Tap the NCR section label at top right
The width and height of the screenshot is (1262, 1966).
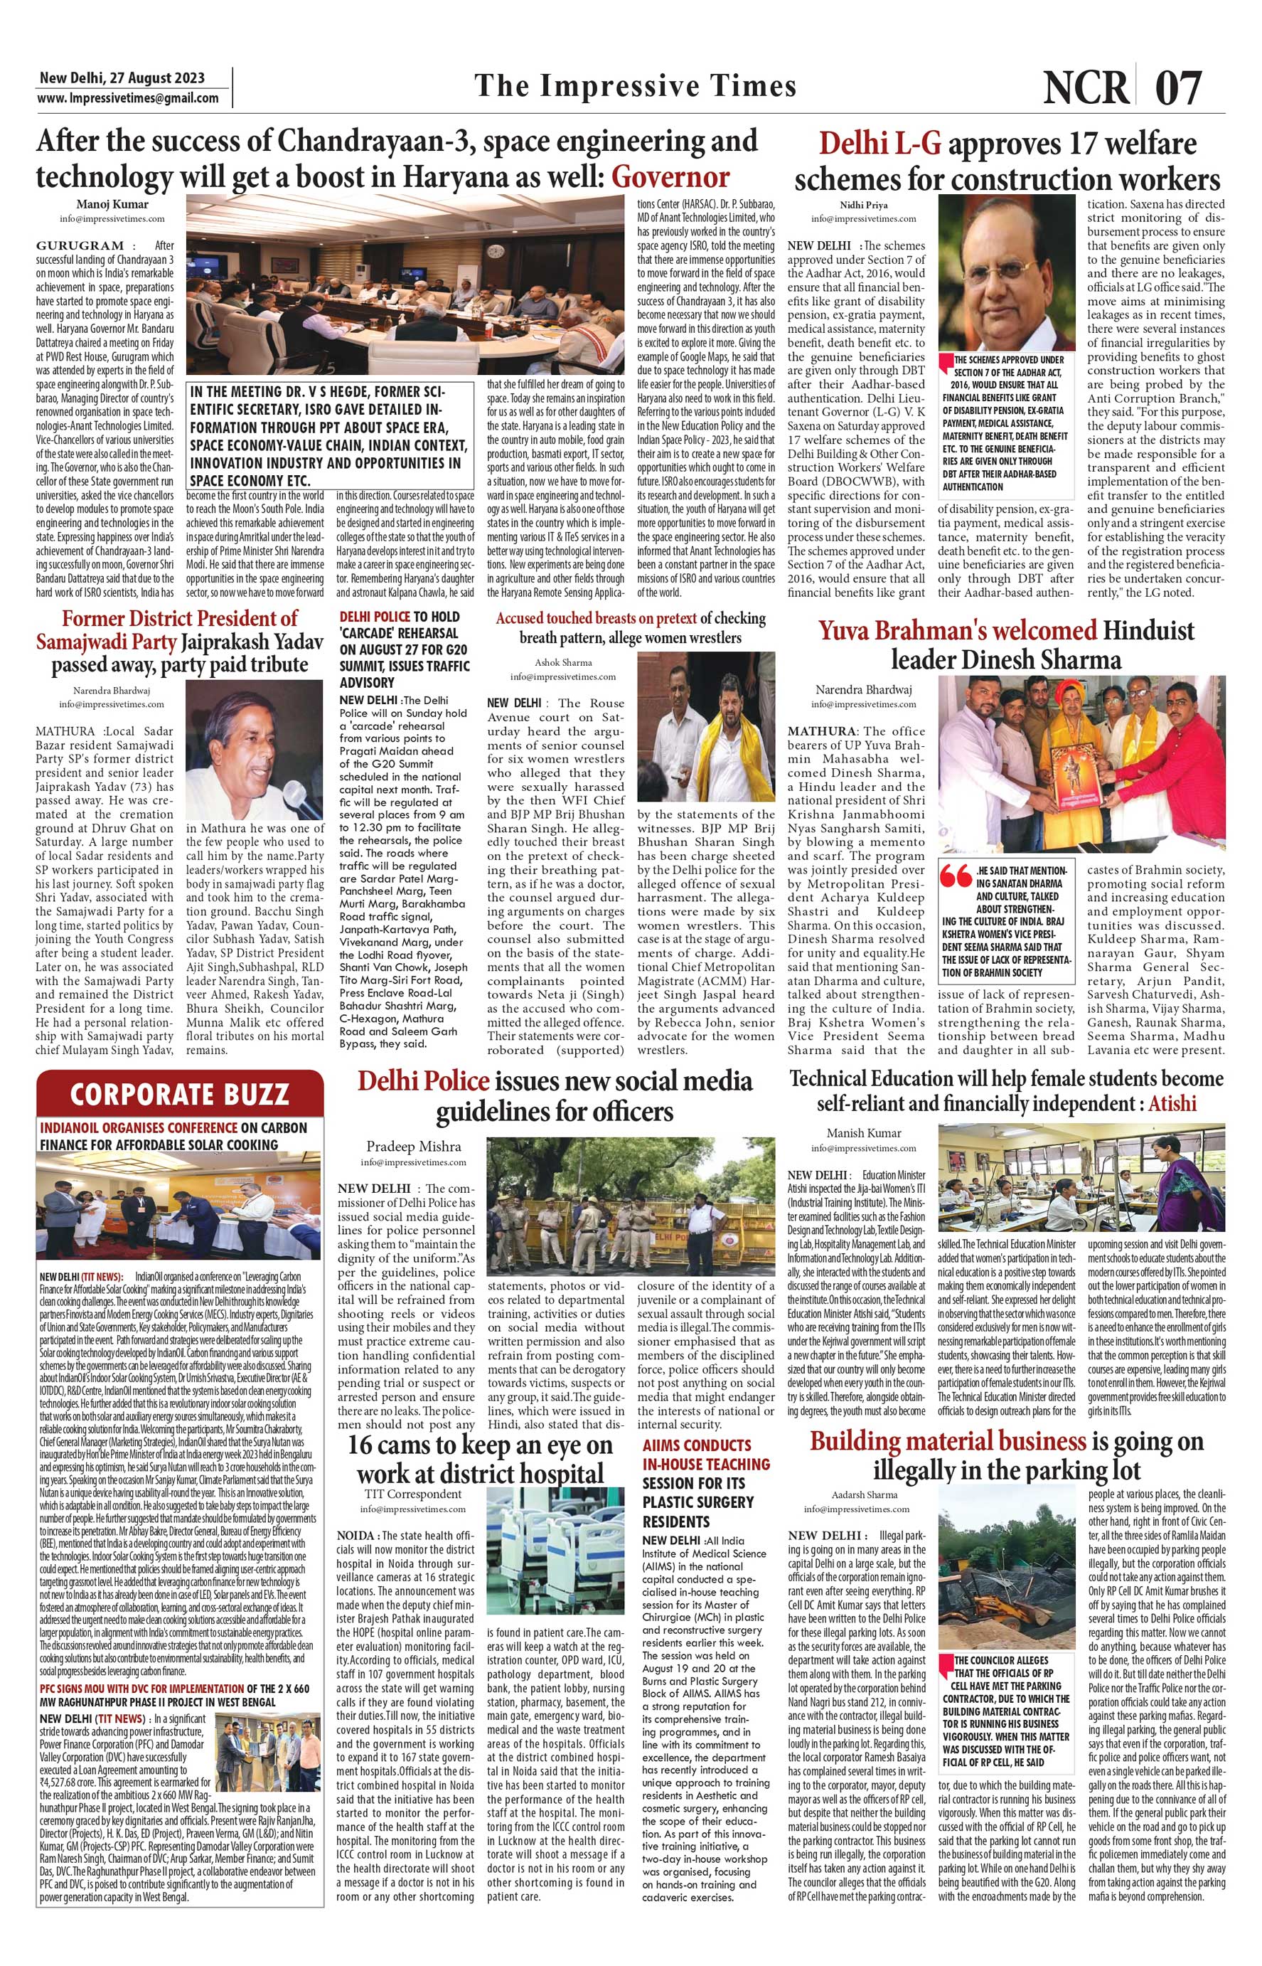[x=1086, y=87]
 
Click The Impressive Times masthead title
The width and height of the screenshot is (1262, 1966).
[x=635, y=86]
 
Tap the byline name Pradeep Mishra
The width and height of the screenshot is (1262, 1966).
[x=413, y=1146]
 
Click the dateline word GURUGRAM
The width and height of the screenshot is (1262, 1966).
[x=80, y=245]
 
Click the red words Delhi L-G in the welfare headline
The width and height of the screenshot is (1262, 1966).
[x=879, y=144]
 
